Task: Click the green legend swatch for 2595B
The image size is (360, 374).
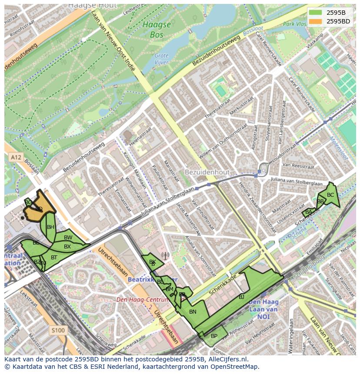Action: (316, 13)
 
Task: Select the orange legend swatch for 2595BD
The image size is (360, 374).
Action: (316, 21)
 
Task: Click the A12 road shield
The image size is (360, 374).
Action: (16, 157)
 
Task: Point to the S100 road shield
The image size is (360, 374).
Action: (57, 331)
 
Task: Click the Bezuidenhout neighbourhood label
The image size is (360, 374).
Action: (207, 172)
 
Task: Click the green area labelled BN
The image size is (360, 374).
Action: (193, 311)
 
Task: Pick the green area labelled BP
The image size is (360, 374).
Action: (214, 336)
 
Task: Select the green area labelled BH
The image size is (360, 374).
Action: (50, 227)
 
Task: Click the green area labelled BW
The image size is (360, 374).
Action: (68, 238)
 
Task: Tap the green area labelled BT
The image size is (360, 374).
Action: (54, 257)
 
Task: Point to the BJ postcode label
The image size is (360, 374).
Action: (242, 297)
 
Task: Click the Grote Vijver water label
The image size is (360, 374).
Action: (162, 59)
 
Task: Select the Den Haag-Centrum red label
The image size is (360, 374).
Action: (142, 300)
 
